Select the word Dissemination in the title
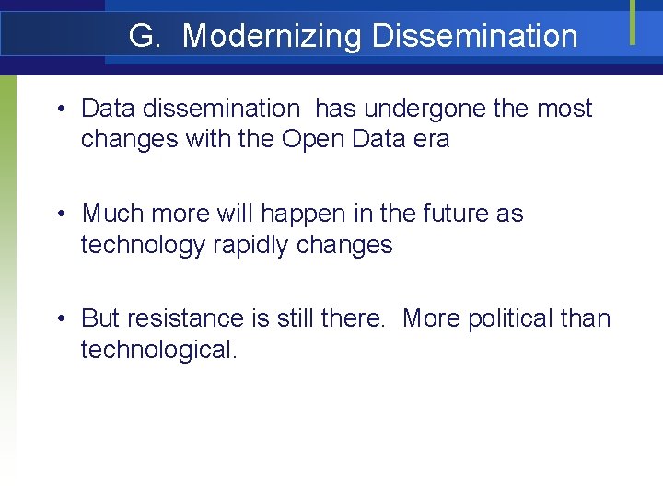pos(475,37)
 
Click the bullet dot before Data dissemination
pos(59,110)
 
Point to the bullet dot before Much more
pos(59,214)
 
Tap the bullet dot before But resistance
pos(59,319)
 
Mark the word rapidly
pos(262,246)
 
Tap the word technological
pos(158,351)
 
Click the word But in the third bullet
pos(100,318)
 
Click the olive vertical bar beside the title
pos(633,21)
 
